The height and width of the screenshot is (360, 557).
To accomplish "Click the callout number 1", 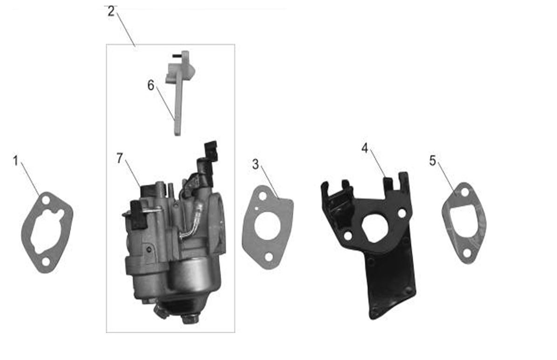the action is pos(15,161).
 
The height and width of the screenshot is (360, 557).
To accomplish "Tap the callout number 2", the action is pos(112,11).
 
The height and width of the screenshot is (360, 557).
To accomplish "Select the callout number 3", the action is pos(255,164).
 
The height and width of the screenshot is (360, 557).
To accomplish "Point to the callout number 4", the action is pos(365,148).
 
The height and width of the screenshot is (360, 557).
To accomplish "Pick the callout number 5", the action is pos(432,161).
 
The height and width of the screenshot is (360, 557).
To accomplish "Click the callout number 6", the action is pos(151,85).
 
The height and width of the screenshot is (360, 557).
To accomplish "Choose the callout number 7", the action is pos(120,158).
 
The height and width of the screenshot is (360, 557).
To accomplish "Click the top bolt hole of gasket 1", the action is pos(46,200).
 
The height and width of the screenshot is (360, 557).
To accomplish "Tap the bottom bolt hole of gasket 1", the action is pos(46,262).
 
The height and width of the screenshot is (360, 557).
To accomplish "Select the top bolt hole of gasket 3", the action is pos(263,196).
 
